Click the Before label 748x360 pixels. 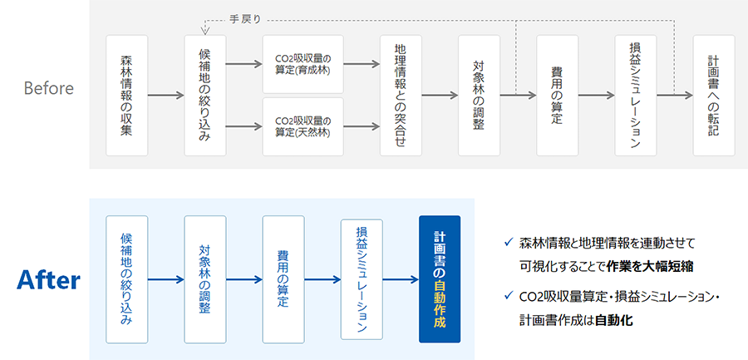(48, 88)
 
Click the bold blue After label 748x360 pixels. (48, 280)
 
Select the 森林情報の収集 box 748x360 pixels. (127, 96)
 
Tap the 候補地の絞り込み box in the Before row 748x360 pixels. (205, 96)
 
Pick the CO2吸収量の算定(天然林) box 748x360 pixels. (303, 126)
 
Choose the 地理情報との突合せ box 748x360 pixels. (401, 96)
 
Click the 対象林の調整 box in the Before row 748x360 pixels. (479, 96)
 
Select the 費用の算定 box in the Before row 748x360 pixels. (557, 96)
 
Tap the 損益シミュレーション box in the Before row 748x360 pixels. (636, 96)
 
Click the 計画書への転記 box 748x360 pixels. (713, 96)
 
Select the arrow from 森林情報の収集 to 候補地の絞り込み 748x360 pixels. (165, 96)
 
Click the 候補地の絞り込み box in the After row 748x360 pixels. (127, 279)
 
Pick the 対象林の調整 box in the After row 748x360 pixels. (205, 279)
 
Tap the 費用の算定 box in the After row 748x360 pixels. (283, 279)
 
